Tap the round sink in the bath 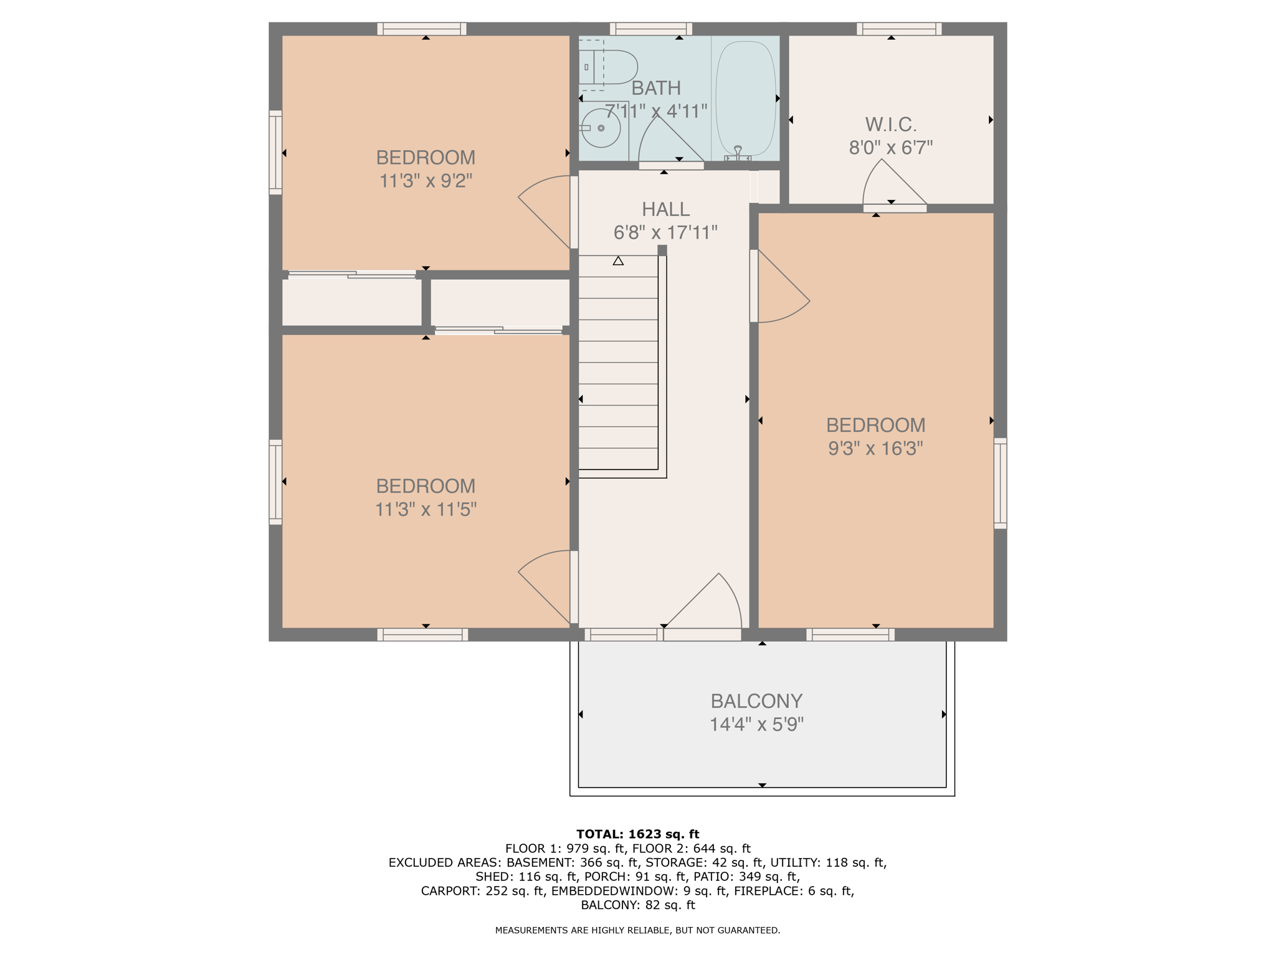601,128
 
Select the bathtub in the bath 746,98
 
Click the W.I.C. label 890,125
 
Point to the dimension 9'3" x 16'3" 875,449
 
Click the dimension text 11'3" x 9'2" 426,181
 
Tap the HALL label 665,209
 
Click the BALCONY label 756,701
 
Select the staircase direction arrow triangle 617,261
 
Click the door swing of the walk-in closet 892,184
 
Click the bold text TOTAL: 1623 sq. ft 637,834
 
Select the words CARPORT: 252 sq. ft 482,891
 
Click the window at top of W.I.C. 898,29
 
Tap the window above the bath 650,29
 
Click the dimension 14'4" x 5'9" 756,725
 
